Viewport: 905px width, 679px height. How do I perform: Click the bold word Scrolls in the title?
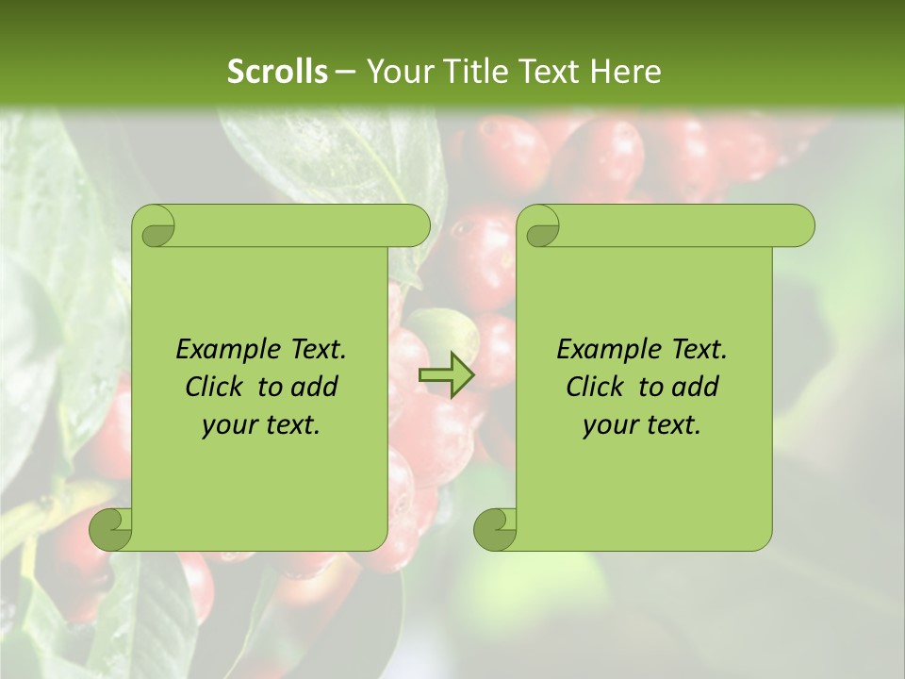[277, 72]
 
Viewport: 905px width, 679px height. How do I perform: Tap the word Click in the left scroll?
[206, 387]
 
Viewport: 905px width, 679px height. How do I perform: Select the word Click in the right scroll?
[587, 387]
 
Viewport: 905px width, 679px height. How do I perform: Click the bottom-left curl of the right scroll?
[496, 528]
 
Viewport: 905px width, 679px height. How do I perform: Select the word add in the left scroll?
[315, 387]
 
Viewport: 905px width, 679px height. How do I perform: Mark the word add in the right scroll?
[696, 387]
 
